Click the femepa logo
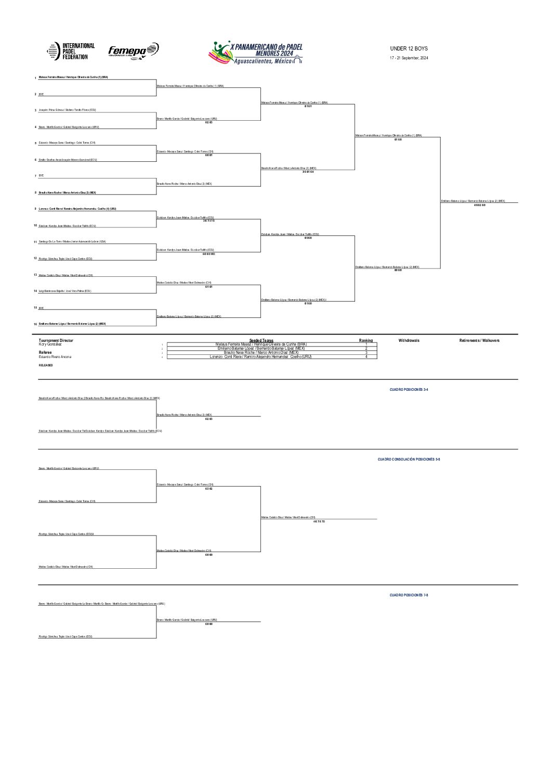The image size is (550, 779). [x=133, y=50]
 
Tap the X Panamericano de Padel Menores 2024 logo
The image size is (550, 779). [x=256, y=53]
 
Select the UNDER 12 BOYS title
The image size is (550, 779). [x=409, y=48]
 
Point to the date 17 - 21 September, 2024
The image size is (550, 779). [x=409, y=58]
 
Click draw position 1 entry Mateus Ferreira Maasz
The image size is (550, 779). [x=73, y=77]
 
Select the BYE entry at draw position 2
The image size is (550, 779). [x=42, y=94]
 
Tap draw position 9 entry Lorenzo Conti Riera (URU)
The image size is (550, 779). [x=77, y=209]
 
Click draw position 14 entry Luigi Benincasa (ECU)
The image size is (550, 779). [x=65, y=291]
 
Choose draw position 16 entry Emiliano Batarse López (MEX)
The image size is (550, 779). [x=72, y=324]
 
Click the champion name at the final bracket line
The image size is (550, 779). [x=473, y=201]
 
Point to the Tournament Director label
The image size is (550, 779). [x=56, y=340]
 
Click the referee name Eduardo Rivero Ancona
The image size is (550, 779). [x=55, y=357]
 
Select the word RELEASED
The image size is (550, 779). [x=46, y=365]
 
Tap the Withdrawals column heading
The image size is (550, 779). [x=409, y=340]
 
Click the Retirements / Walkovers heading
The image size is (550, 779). [x=479, y=340]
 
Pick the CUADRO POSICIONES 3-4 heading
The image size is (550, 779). [x=409, y=389]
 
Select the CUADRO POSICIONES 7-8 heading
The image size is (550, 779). [x=409, y=595]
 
